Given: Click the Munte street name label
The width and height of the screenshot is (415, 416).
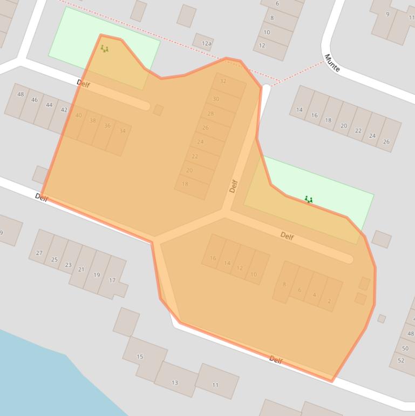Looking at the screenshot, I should (332, 63).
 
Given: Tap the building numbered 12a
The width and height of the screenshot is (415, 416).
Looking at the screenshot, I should (206, 43).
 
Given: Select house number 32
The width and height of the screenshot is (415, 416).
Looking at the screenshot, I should (223, 82).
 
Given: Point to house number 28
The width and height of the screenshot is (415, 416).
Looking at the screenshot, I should (210, 114).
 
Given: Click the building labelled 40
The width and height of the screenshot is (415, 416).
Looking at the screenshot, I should (79, 116).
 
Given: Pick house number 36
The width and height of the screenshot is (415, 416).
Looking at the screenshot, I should (107, 126).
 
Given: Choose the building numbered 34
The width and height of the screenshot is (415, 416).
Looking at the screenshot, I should (122, 131).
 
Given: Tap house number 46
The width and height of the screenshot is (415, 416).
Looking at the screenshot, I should (35, 100).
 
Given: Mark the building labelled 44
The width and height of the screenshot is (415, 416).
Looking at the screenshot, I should (49, 105).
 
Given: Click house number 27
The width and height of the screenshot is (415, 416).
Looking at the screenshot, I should (39, 252).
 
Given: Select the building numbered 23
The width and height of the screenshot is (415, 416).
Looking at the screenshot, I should (68, 265).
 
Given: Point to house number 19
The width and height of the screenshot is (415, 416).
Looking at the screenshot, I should (97, 274).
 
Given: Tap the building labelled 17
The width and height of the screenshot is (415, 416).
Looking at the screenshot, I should (112, 280).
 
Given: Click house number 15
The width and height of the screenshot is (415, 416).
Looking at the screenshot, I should (140, 356).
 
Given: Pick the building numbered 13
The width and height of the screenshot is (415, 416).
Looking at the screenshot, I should (175, 382).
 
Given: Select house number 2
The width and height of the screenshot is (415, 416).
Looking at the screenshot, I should (329, 301).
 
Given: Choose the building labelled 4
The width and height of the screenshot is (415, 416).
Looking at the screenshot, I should (314, 295).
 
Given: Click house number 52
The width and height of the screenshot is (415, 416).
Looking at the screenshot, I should (401, 360).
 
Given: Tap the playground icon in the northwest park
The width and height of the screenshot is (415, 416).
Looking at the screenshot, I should (104, 49).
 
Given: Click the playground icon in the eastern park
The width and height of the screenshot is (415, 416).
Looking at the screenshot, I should (308, 200).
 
